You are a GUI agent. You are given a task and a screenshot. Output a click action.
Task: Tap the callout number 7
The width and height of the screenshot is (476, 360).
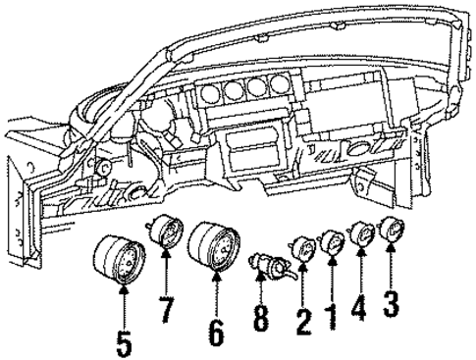(166, 311)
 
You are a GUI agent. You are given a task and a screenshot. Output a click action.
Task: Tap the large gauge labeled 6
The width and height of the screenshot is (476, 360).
(215, 250)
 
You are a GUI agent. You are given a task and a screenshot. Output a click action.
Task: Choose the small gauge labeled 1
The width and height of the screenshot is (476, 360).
(333, 239)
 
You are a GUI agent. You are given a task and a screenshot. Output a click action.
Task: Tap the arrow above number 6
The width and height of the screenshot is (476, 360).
(216, 294)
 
